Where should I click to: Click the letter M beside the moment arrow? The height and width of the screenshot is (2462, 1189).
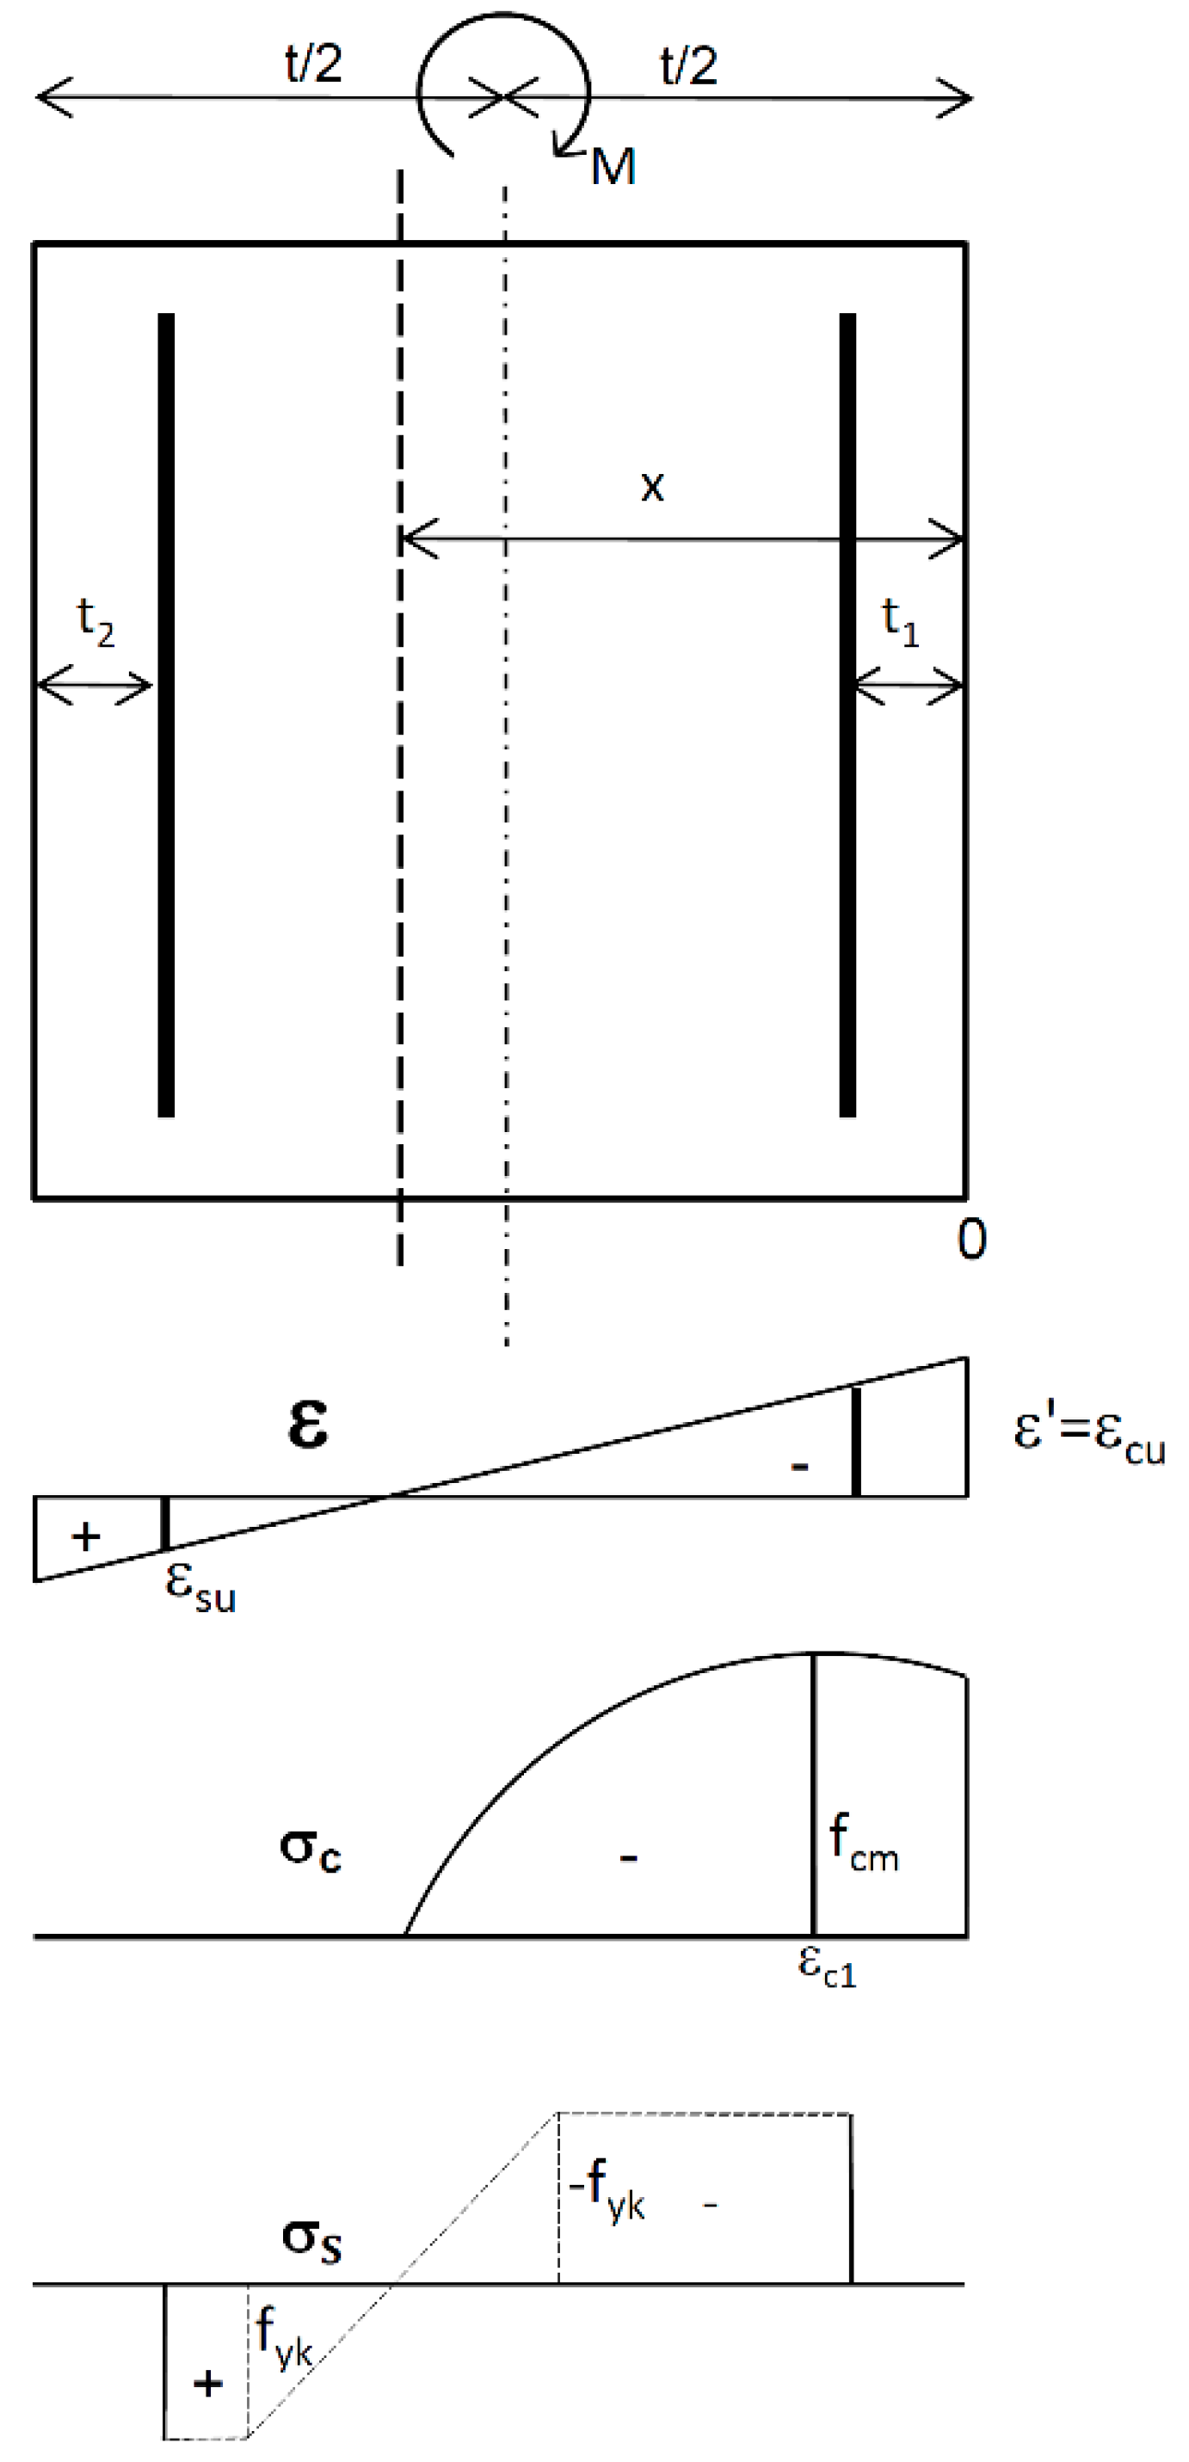(x=613, y=167)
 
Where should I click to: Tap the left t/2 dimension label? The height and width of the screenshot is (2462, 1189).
(x=313, y=65)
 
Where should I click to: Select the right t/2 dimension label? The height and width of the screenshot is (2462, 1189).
(x=688, y=65)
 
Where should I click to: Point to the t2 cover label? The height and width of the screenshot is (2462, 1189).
(x=95, y=622)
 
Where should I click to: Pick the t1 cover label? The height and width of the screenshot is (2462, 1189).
(x=899, y=622)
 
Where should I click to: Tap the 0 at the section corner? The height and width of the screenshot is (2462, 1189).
(x=972, y=1240)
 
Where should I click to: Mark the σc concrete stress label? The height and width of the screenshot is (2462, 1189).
(x=310, y=1850)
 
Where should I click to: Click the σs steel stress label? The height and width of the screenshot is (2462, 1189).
(x=311, y=2240)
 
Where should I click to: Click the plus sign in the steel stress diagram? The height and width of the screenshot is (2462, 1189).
(x=207, y=2384)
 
